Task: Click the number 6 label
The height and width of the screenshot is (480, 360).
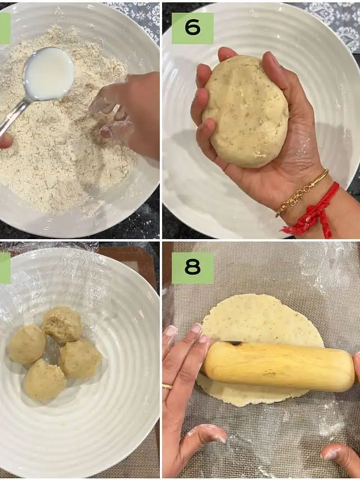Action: (192, 28)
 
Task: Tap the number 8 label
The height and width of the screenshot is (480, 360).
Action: (192, 268)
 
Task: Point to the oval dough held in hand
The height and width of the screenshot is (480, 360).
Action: (246, 112)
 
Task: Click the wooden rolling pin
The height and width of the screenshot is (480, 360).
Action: (278, 366)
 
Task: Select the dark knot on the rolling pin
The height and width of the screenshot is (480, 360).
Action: (235, 343)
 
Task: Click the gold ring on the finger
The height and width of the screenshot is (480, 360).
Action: (167, 387)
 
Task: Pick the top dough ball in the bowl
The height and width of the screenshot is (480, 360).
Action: (62, 325)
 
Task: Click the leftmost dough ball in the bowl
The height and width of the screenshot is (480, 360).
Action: (28, 345)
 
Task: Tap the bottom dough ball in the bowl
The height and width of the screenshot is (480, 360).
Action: (44, 380)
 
